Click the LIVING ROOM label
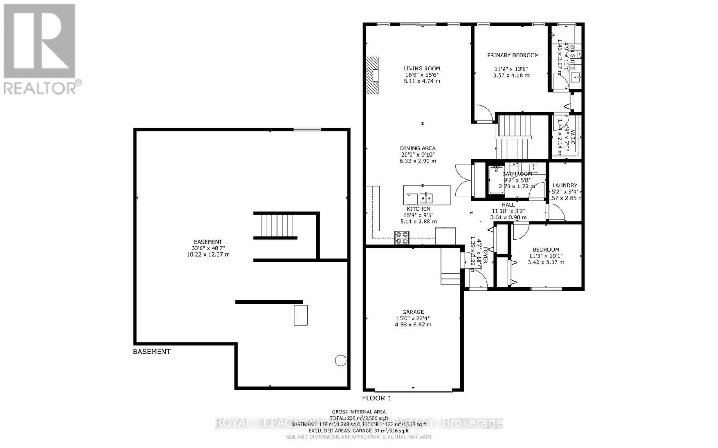tap(421, 69)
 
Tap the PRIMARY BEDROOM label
tap(513, 55)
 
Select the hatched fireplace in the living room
tap(372, 75)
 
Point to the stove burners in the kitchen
tap(402, 238)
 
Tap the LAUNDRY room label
tap(565, 185)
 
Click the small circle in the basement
tap(341, 360)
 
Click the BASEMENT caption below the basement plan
tap(152, 352)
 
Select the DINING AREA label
tap(418, 148)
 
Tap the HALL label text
tap(508, 204)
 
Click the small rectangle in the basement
tap(301, 315)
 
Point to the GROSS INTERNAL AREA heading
tap(359, 412)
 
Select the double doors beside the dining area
tap(462, 179)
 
